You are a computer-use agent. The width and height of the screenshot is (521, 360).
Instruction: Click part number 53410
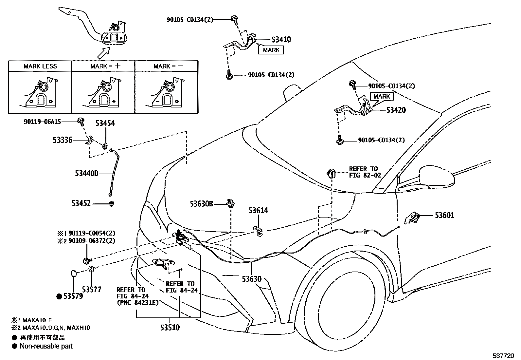click(281, 40)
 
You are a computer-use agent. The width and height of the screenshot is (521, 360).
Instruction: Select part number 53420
click(396, 110)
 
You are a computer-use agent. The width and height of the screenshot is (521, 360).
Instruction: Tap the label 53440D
click(86, 174)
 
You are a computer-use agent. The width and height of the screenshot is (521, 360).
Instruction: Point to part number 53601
click(444, 216)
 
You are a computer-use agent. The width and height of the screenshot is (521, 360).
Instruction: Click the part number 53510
click(170, 328)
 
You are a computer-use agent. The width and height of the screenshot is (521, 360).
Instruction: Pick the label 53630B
click(201, 204)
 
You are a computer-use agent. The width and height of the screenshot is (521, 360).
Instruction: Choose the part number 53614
click(258, 211)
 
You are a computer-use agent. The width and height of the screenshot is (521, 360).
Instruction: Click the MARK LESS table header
click(40, 66)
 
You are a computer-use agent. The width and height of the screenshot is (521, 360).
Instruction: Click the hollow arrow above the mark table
click(104, 53)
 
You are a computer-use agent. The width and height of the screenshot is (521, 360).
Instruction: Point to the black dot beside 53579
click(59, 296)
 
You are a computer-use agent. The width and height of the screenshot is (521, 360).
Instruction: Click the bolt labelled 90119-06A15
click(81, 122)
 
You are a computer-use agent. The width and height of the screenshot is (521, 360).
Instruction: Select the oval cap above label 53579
click(74, 274)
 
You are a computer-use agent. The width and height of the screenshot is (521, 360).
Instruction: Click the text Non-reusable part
click(46, 346)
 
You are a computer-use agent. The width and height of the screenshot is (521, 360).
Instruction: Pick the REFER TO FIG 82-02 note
click(365, 172)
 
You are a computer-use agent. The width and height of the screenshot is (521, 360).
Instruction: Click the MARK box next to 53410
click(271, 50)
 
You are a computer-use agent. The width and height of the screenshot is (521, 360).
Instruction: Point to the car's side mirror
click(437, 176)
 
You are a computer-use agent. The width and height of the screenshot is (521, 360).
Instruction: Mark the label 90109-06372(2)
click(92, 240)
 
